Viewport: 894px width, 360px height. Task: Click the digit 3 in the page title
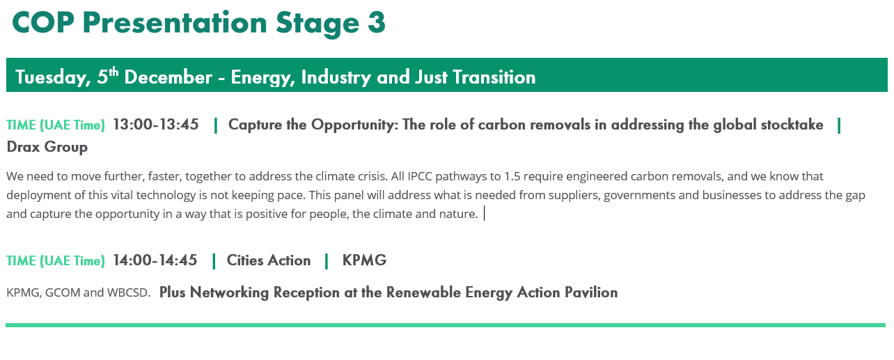click(x=377, y=22)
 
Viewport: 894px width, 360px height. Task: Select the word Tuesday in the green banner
click(x=53, y=77)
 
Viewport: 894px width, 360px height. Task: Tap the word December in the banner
click(x=168, y=77)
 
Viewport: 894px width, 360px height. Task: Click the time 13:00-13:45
click(x=156, y=125)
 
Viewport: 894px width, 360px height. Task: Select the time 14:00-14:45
click(x=155, y=260)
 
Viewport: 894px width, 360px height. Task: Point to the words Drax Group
click(x=47, y=148)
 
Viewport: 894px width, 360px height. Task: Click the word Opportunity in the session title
click(x=354, y=125)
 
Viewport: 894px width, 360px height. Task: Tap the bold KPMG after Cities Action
click(x=364, y=260)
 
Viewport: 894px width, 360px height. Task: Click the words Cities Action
click(x=269, y=260)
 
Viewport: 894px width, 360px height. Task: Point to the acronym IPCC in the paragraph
click(x=420, y=176)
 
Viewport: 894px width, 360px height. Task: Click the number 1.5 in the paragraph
click(x=512, y=176)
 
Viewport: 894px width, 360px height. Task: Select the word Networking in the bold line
click(x=229, y=293)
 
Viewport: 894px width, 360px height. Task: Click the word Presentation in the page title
click(x=175, y=22)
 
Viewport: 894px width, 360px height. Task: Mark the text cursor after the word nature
click(x=484, y=213)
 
